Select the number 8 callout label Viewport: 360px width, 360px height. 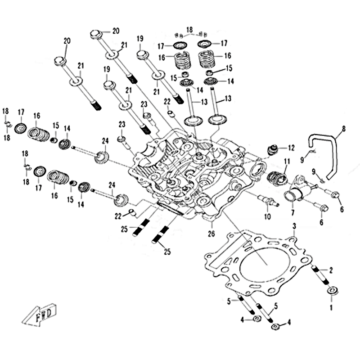(344, 129)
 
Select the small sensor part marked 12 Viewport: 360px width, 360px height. (273, 149)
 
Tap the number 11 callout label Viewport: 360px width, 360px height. (287, 161)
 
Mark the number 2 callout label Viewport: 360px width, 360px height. (331, 270)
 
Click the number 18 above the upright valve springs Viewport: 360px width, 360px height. (189, 28)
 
